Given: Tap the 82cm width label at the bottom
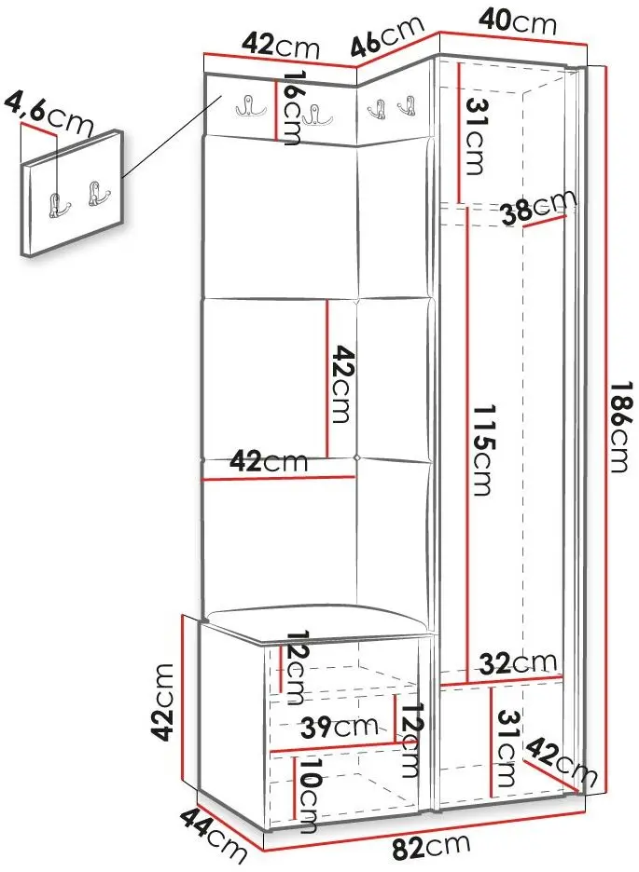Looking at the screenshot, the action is [431, 847].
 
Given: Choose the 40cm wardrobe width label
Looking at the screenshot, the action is [517, 21].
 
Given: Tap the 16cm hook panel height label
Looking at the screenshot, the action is [293, 108].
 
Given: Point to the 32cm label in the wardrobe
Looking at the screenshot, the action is [519, 662].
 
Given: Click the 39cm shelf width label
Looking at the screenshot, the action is [340, 727].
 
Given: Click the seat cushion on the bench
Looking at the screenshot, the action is [317, 622].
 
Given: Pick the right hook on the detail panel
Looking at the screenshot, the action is [96, 193].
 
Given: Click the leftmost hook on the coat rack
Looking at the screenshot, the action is [245, 105].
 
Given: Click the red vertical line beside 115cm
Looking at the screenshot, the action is [468, 443].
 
